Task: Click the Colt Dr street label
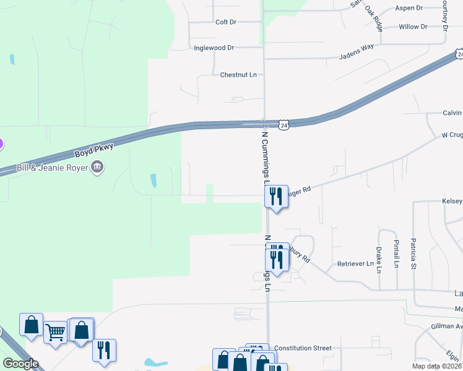(x=226, y=22)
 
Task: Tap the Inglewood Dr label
(x=214, y=48)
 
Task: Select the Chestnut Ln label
(x=238, y=75)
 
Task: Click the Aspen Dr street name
(x=409, y=9)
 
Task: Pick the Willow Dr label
(x=413, y=27)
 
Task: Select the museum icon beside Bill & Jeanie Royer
(x=97, y=167)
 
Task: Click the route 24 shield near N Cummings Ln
(x=283, y=125)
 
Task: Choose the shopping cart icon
(x=56, y=333)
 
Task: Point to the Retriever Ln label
(x=355, y=264)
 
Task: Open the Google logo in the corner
(x=20, y=364)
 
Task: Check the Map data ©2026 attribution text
(x=432, y=366)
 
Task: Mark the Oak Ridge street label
(x=374, y=18)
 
